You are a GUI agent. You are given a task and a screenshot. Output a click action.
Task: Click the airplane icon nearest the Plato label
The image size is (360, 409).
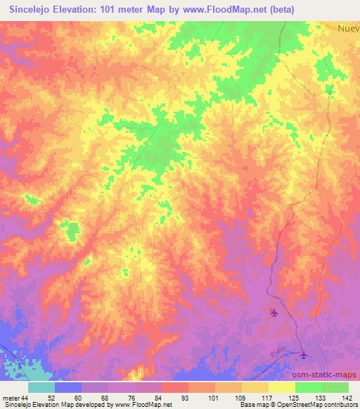click(x=304, y=355)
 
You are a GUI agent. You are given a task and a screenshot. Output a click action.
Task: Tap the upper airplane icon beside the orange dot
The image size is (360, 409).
click(x=274, y=313)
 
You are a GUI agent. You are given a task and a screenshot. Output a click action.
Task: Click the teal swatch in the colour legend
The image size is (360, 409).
click(x=41, y=387)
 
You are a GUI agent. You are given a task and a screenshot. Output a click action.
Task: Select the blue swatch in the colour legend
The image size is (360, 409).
click(x=68, y=387)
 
